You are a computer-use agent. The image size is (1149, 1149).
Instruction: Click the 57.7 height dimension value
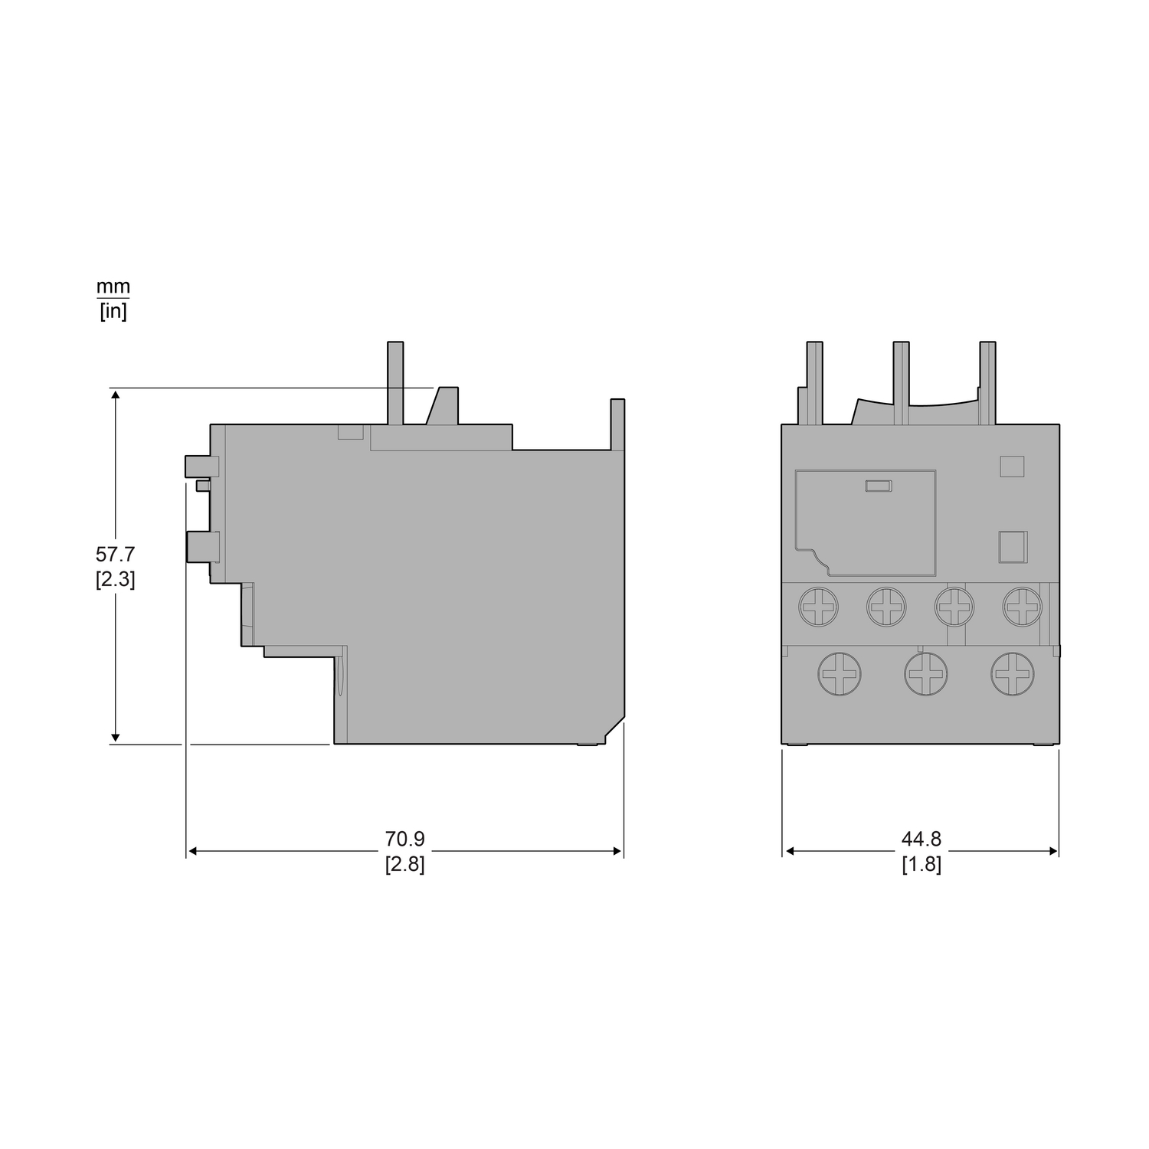click(115, 554)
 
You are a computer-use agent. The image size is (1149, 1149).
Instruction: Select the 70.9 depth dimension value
click(404, 840)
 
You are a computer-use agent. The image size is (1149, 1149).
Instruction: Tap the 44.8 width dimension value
click(921, 840)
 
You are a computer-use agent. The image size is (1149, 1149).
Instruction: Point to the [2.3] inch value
click(115, 580)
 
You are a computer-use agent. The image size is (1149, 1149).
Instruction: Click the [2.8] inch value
click(404, 865)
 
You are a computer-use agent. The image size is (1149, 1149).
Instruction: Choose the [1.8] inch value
click(921, 865)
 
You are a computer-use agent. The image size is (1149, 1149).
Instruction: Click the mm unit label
click(113, 287)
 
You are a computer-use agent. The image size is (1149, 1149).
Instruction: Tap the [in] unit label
click(113, 312)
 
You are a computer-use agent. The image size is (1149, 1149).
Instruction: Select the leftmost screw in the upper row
click(818, 607)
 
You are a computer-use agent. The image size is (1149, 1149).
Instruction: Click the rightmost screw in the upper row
click(1023, 607)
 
